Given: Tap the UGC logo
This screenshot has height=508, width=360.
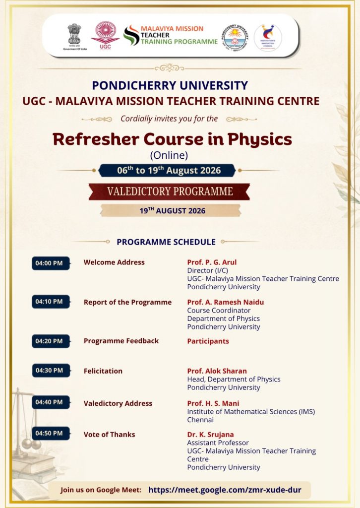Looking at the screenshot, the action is click(x=105, y=36).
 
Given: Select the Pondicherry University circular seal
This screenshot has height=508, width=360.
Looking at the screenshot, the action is click(x=235, y=37).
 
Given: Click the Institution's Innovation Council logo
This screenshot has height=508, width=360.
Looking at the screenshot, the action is click(x=268, y=37).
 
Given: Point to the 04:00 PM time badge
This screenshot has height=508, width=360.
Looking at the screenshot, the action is click(x=51, y=263).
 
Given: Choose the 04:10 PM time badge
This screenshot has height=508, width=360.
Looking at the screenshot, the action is click(x=51, y=302).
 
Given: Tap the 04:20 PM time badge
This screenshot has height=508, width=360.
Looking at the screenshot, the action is click(x=51, y=341).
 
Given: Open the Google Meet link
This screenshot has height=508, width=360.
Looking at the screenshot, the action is click(x=225, y=490).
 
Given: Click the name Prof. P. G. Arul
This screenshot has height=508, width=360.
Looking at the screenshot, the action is click(x=212, y=262).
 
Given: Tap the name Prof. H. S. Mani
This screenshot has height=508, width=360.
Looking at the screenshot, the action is click(x=213, y=403).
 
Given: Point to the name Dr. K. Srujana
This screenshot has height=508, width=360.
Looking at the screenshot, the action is click(x=210, y=435).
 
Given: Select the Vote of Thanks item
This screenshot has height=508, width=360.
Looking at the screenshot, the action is click(x=109, y=435).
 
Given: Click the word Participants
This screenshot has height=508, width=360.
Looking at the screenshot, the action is click(x=208, y=341).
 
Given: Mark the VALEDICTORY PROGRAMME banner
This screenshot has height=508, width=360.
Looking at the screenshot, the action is click(x=169, y=191).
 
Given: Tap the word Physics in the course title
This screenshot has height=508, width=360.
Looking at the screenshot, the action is click(x=260, y=139).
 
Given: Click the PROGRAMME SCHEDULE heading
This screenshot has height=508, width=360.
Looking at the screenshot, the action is click(x=166, y=242).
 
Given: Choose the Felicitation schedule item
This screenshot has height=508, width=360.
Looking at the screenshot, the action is click(x=103, y=371).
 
